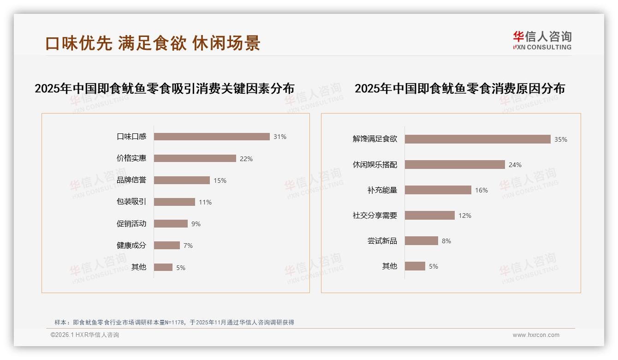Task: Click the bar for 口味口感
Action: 212,137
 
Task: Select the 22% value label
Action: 246,159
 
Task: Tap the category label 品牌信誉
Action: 131,180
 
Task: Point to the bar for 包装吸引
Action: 174,202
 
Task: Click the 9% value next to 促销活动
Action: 196,224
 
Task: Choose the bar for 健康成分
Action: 167,246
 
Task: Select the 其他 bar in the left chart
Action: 163,267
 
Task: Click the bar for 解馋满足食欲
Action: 477,139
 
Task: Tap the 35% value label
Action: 561,139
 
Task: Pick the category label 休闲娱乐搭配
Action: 375,165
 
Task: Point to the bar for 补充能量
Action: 438,190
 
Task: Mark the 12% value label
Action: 465,216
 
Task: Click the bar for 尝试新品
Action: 422,241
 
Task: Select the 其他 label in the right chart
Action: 390,266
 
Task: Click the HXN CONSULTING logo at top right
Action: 542,41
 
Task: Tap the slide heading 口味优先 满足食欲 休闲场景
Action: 153,43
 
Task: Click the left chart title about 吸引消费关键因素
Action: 165,89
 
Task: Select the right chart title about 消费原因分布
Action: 460,89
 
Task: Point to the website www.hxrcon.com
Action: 536,335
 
